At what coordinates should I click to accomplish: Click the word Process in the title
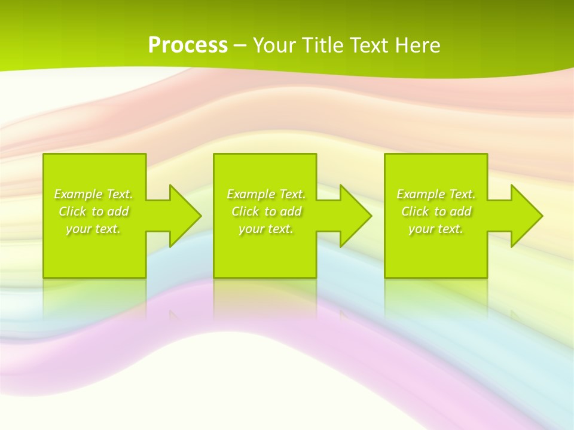pos(188,45)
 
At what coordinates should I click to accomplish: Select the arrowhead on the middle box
pos(356,216)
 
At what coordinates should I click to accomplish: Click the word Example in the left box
pos(78,194)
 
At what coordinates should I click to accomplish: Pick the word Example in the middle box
pos(251,194)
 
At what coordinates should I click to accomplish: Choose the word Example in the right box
pos(420,194)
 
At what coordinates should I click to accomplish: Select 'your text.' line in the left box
pos(93,229)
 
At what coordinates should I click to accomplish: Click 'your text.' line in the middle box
pos(266,229)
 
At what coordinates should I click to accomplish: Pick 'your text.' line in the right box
pos(436,229)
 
